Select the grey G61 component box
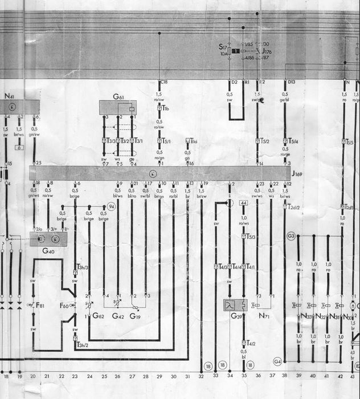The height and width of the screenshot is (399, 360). pos(118,107)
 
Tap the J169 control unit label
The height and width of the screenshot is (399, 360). pos(297,172)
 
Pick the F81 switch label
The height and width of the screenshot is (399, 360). pos(40,306)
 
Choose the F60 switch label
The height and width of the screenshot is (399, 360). pos(64,306)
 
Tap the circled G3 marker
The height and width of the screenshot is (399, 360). pos(291,235)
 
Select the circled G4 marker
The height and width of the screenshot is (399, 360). pos(278,361)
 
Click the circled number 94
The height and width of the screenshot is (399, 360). pos(112,206)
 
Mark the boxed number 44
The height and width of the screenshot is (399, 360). pos(243,203)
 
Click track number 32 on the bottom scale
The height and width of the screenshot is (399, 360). pos(202,376)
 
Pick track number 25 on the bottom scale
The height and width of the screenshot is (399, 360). pos(104,376)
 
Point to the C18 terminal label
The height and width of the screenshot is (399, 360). pos(163,83)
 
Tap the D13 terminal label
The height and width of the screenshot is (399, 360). pos(291,83)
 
